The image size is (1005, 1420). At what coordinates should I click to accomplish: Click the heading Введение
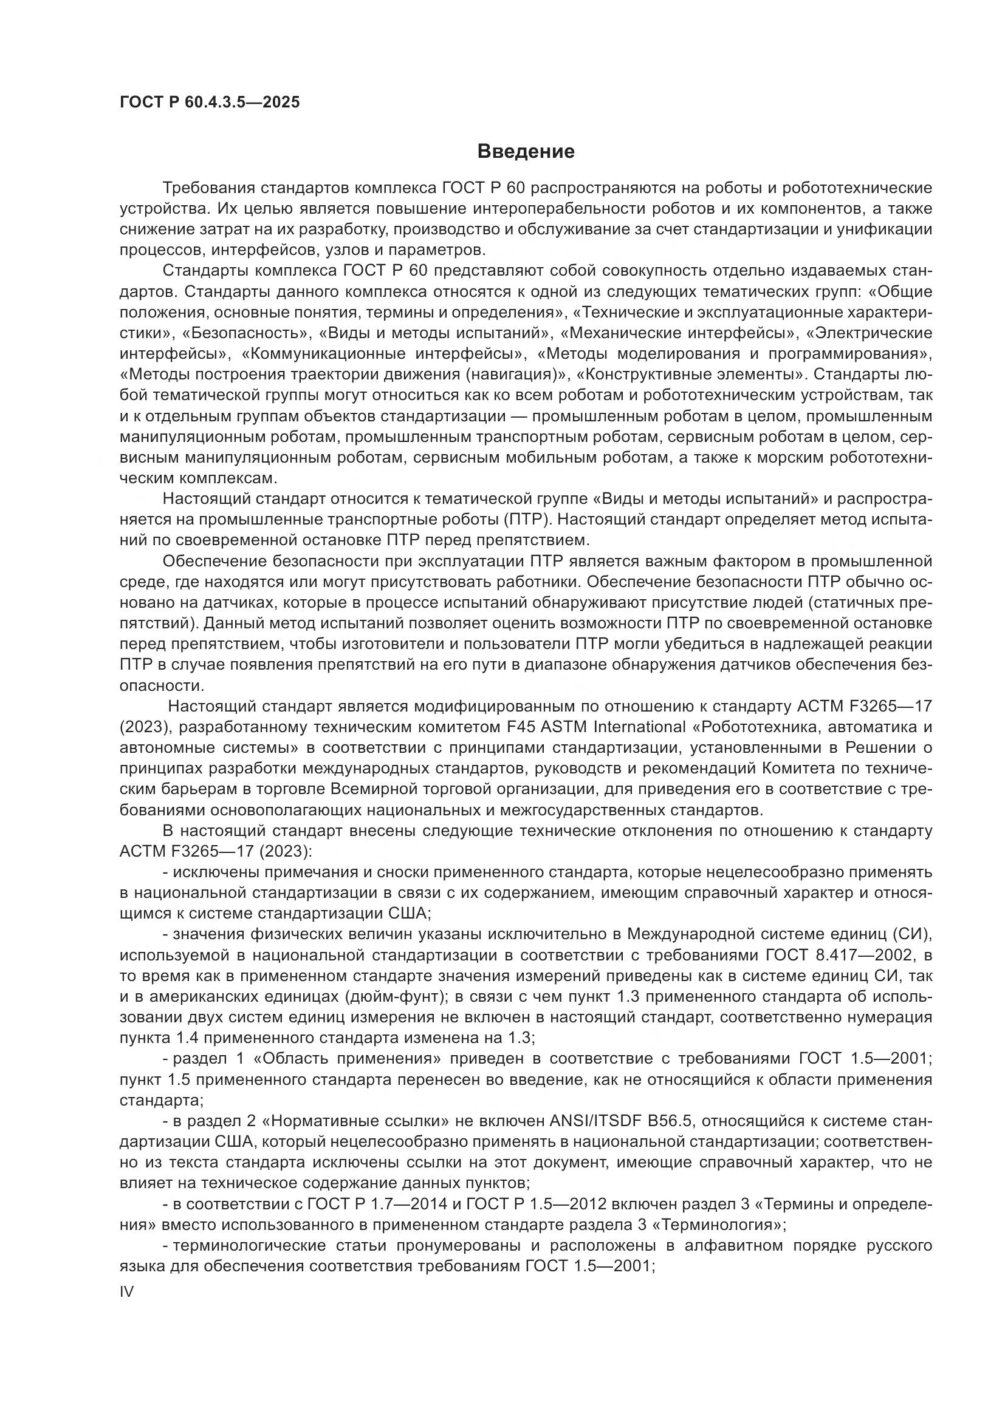coord(526,152)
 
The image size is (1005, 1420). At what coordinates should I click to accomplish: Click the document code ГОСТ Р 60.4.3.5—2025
coord(209,102)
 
